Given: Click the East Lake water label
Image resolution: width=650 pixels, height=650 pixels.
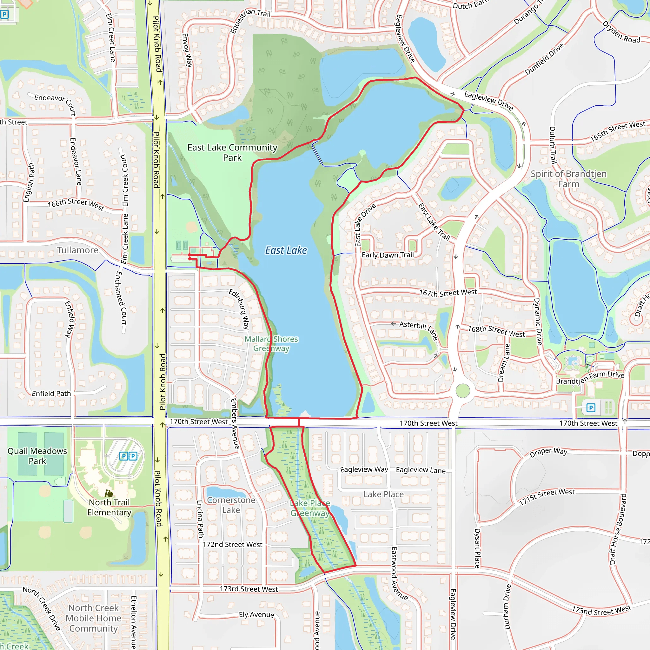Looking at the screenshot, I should pos(286,250).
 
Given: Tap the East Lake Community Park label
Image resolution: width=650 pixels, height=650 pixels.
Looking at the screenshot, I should pos(232,152).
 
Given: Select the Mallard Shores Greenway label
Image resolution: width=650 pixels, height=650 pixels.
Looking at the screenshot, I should pos(271,343).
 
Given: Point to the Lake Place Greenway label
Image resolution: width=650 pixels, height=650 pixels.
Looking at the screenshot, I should pos(310,508).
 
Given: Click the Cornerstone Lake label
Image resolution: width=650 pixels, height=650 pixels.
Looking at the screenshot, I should pos(231,505).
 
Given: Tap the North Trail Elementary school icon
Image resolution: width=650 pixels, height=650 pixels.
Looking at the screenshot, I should pos(109,494).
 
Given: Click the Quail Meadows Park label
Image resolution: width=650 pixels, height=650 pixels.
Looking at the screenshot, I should pos(37,456).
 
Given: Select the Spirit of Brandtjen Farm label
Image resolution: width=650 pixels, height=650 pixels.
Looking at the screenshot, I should pos(568,179).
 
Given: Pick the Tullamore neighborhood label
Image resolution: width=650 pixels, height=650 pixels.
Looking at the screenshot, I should pos(77,250).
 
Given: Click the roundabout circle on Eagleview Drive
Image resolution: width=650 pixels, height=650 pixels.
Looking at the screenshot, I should pos(463,391).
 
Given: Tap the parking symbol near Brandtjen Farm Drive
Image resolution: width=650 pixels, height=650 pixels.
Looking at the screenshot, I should pos(591,408).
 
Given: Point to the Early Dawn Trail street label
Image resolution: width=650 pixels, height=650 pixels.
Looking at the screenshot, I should pos(388,255).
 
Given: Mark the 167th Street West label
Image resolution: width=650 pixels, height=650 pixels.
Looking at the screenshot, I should pos(448,293).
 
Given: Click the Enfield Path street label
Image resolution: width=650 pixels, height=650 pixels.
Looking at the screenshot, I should pos(51,393).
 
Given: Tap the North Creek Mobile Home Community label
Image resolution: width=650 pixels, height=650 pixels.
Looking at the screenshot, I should pos(94,618).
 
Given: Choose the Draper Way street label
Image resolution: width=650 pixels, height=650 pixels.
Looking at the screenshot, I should pos(548,452).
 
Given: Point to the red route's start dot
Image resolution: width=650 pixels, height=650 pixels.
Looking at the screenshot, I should pos(190,255).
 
